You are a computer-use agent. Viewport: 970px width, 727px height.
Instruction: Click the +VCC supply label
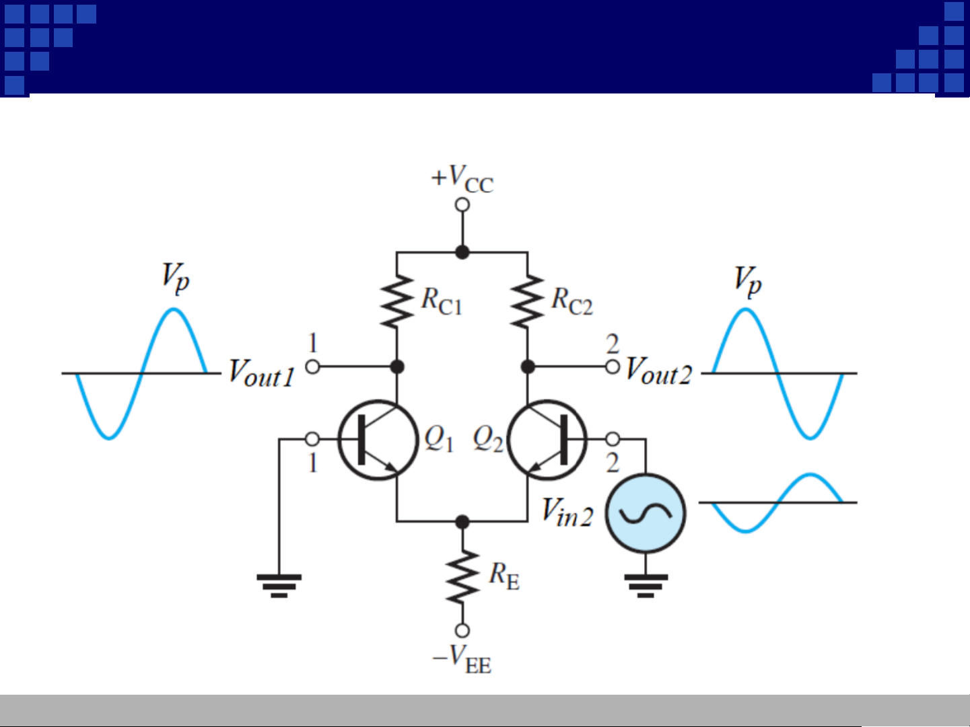coord(462,179)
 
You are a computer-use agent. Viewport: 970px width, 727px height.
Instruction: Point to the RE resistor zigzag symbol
coord(462,576)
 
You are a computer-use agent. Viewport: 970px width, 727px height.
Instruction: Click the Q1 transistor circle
coord(378,440)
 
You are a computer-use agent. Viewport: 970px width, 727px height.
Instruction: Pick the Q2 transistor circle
coord(547,440)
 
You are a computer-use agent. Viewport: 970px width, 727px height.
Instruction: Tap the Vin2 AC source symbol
coord(646,514)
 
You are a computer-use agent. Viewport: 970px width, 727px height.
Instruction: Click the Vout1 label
coord(261,373)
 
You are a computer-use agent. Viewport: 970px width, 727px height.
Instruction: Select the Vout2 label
coord(658,371)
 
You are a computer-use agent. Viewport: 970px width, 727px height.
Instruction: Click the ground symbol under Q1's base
coord(279,585)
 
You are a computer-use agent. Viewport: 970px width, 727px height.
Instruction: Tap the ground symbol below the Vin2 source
coord(646,585)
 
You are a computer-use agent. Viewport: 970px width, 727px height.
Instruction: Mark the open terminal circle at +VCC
coord(462,205)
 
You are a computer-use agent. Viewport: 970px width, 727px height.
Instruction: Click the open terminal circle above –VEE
coord(462,630)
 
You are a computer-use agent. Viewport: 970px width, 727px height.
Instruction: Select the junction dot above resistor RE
coord(462,521)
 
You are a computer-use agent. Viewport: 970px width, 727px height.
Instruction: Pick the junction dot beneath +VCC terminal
coord(462,252)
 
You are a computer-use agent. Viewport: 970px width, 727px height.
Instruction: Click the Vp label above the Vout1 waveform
coord(175,277)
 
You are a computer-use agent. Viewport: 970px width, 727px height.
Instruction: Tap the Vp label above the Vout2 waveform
coord(747,280)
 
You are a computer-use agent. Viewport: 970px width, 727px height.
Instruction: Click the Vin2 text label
coord(567,512)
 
